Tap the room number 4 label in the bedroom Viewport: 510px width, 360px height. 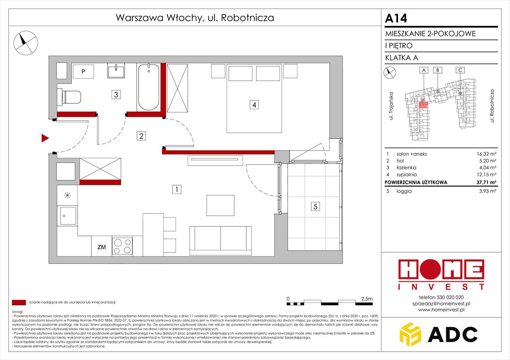(x=254, y=105)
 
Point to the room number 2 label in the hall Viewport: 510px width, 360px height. (x=141, y=136)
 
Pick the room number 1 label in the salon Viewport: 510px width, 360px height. (x=176, y=190)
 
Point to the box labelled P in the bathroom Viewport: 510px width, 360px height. (x=83, y=72)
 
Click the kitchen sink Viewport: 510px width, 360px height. (x=67, y=216)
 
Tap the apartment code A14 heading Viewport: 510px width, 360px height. (x=396, y=18)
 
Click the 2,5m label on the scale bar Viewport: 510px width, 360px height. (x=365, y=299)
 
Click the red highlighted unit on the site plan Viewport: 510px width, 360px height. (x=423, y=105)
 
